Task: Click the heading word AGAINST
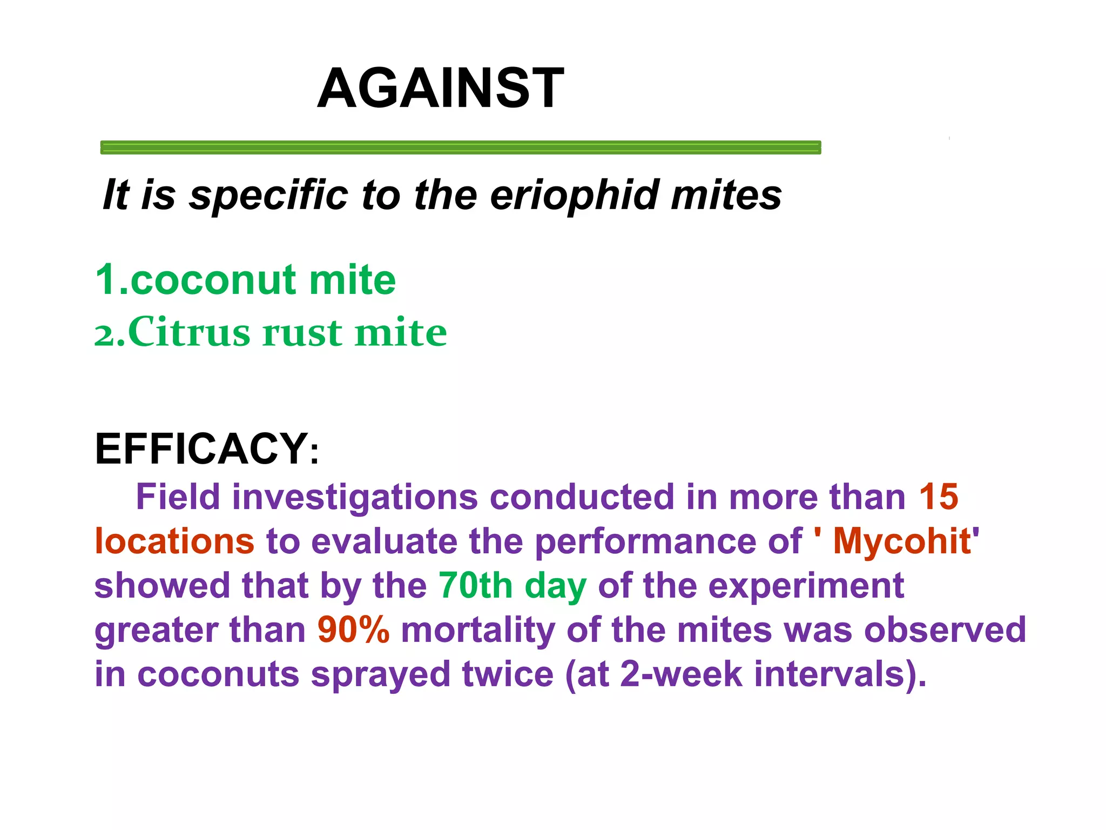(x=440, y=88)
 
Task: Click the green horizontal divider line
(x=460, y=147)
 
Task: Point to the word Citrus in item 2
(x=189, y=332)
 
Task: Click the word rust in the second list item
(x=302, y=333)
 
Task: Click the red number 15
(x=939, y=497)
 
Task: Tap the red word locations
(x=174, y=541)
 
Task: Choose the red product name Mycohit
(x=902, y=541)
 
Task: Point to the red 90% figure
(x=353, y=630)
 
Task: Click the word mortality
(x=478, y=630)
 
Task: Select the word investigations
(x=355, y=498)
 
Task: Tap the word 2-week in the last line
(x=681, y=674)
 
